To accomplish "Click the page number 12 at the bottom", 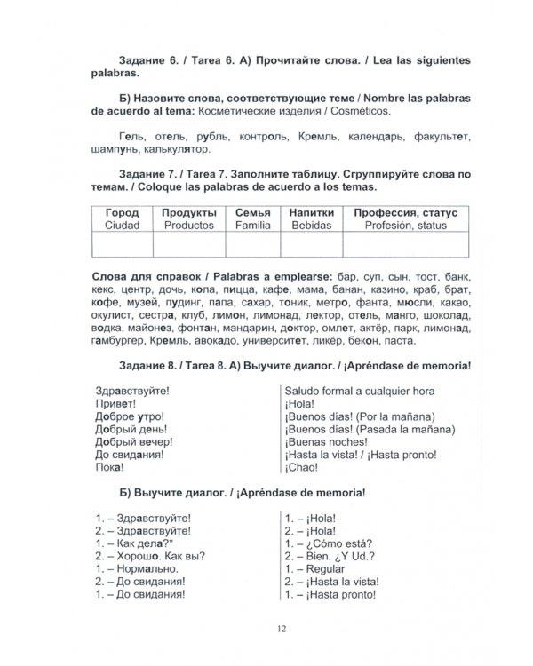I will coord(281,627).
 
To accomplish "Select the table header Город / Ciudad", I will coord(122,219).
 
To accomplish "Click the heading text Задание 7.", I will coord(147,173).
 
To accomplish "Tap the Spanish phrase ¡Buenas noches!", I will coord(324,440).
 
